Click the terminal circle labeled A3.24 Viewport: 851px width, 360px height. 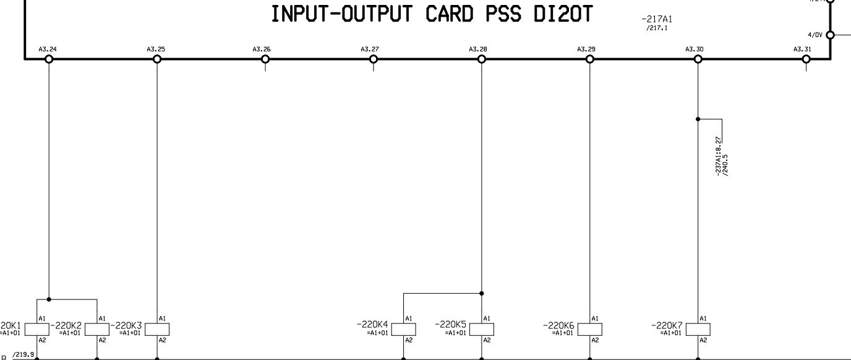pyautogui.click(x=49, y=59)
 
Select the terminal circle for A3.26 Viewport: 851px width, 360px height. pyautogui.click(x=265, y=59)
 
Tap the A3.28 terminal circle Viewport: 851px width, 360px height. pyautogui.click(x=482, y=59)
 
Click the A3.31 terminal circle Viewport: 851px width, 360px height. pyautogui.click(x=806, y=59)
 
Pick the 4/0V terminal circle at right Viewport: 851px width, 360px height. pyautogui.click(x=830, y=35)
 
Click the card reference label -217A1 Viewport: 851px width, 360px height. pyautogui.click(x=657, y=20)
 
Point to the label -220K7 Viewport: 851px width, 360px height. pyautogui.click(x=667, y=325)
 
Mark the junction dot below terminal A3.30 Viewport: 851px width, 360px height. pyautogui.click(x=698, y=119)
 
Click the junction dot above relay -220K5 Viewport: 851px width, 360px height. pyautogui.click(x=482, y=293)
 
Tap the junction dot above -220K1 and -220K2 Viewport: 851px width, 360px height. pyautogui.click(x=49, y=299)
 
